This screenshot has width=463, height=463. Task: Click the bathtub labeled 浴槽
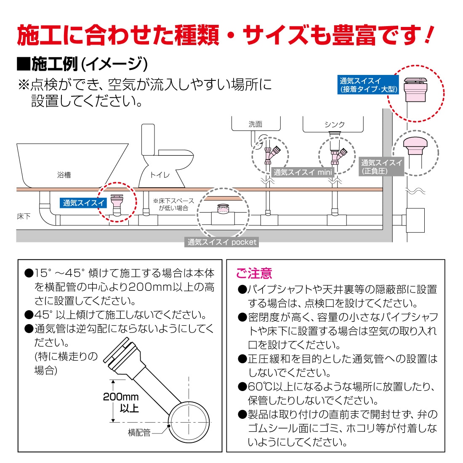tap(67, 166)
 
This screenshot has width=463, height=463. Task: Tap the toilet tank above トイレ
tap(148, 140)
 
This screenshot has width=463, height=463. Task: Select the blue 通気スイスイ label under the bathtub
tap(83, 203)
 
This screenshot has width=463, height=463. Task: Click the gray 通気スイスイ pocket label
tap(221, 242)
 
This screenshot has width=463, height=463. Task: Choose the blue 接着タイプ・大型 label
tap(368, 85)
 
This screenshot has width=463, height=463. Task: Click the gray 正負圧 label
tap(381, 166)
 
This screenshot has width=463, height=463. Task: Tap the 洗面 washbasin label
tap(255, 124)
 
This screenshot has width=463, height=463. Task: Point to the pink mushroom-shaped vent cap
tap(415, 145)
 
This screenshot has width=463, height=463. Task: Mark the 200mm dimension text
tap(121, 396)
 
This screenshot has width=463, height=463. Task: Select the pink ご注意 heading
tap(254, 273)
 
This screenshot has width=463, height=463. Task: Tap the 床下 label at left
tap(24, 216)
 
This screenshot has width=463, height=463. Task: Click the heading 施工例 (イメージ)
tap(82, 64)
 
